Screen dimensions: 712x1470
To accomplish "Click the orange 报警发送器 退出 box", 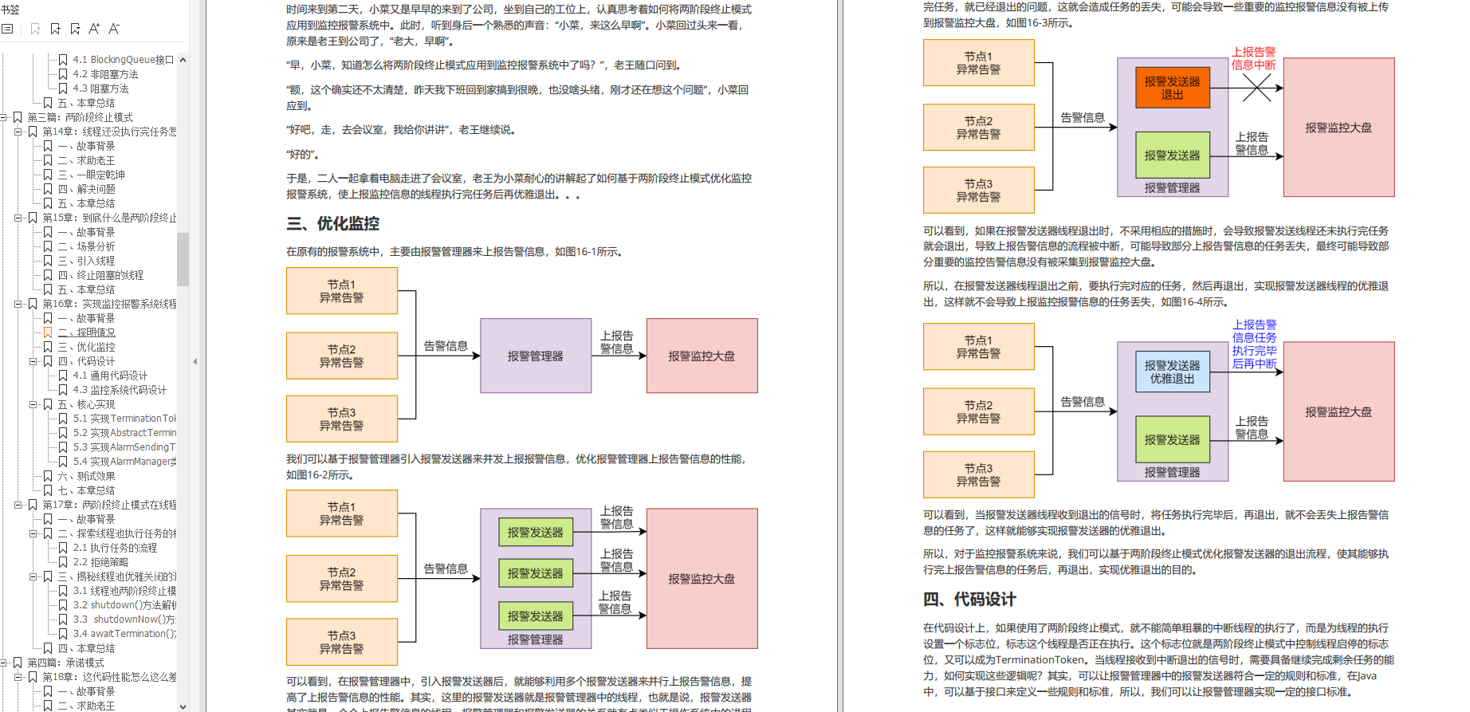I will (x=1172, y=88).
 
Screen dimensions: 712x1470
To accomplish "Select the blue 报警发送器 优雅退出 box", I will (x=1172, y=372).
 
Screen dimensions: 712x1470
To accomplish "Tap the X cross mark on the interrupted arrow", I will (x=1256, y=88).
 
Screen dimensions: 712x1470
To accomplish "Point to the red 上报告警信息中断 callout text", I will (x=1253, y=58).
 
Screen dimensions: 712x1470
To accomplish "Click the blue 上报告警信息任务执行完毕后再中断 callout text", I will (x=1254, y=344).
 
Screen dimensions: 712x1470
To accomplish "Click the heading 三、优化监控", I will (x=332, y=224).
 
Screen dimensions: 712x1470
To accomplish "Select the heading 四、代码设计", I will (x=969, y=600).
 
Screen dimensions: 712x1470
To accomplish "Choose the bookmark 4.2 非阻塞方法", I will (x=105, y=74).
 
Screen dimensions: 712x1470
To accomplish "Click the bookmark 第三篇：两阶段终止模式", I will (x=80, y=117).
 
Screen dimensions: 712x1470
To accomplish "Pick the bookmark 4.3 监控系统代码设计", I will (x=120, y=390).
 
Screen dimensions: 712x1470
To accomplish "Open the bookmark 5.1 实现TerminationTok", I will (x=124, y=419).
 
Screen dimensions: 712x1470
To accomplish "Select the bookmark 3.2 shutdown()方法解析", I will (x=124, y=605).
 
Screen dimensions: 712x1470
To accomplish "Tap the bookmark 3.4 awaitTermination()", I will (x=124, y=634).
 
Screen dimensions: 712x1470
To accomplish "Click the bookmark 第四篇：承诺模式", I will (x=65, y=663).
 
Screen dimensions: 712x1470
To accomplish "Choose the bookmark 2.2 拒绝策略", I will (x=100, y=562).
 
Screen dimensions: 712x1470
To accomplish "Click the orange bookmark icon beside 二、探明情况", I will (x=48, y=332).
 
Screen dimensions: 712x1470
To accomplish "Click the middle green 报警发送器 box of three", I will (x=535, y=573).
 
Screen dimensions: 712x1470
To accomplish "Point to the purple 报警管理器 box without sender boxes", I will (x=535, y=356).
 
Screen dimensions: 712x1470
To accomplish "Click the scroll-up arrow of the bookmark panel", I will (x=183, y=60).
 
